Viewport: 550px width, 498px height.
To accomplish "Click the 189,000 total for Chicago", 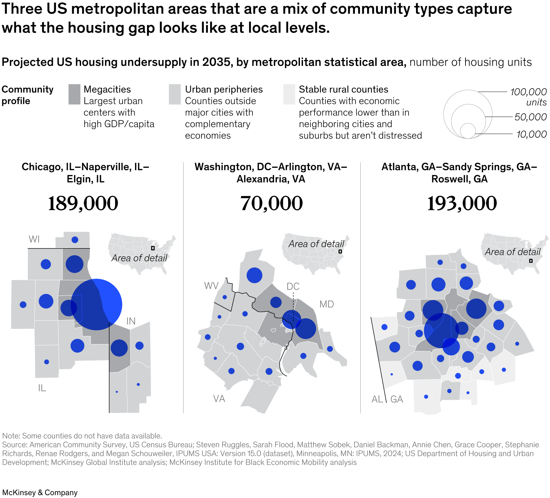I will (83, 203).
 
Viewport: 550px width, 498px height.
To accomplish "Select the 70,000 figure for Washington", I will (271, 203).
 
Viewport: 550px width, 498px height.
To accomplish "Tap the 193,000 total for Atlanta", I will (462, 203).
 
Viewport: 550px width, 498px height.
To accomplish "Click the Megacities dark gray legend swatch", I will (74, 94).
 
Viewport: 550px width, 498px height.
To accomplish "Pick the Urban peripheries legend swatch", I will (175, 94).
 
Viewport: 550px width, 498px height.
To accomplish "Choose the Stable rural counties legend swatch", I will (289, 94).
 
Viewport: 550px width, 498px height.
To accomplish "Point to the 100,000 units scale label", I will (528, 96).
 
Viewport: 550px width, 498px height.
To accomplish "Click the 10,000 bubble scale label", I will (531, 134).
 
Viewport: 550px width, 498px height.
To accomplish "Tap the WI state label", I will (34, 239).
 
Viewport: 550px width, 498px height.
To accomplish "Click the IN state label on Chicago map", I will (131, 321).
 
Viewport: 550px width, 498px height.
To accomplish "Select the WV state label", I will (211, 286).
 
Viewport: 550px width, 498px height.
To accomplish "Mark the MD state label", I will (326, 304).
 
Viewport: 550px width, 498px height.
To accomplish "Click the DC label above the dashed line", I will (293, 286).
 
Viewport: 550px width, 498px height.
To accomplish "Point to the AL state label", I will (377, 399).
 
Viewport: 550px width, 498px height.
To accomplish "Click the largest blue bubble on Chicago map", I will (96, 304).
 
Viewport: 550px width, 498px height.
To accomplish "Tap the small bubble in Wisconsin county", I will (75, 240).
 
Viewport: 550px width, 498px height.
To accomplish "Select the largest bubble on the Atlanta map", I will (441, 331).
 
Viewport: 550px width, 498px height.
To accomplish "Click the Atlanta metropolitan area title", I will (459, 173).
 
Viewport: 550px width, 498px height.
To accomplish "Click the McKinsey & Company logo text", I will (40, 492).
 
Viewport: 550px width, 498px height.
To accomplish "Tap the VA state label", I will (219, 399).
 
